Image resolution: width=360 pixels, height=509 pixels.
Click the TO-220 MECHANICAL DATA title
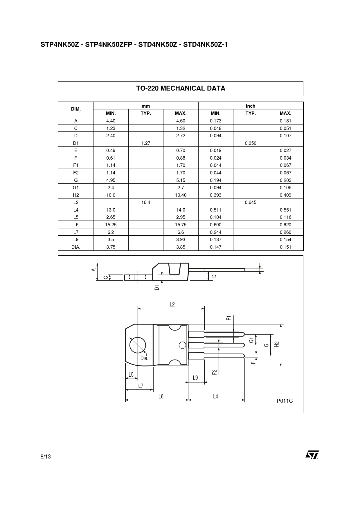[181, 89]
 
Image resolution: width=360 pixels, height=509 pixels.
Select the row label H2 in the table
[76, 195]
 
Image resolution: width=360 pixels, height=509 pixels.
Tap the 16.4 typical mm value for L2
[146, 203]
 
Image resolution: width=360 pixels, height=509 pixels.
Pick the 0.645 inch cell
[251, 203]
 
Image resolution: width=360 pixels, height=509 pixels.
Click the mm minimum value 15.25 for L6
[111, 225]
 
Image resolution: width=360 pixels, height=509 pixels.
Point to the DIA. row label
[76, 247]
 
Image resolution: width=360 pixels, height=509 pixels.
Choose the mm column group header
[146, 106]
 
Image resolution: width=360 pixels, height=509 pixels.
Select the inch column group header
[251, 106]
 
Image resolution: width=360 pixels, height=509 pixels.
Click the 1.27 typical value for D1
[146, 143]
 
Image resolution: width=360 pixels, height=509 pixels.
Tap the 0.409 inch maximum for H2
[286, 195]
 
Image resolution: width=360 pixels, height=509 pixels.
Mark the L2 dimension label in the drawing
[172, 304]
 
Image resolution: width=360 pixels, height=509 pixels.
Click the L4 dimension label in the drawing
[215, 396]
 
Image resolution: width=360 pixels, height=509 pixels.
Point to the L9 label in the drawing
[195, 378]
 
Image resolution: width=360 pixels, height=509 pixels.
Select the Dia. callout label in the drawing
[145, 358]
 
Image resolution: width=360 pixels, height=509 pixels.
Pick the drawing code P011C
[285, 401]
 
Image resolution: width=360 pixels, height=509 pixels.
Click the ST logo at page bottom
[312, 455]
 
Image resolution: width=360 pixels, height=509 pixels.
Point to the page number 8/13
[46, 456]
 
